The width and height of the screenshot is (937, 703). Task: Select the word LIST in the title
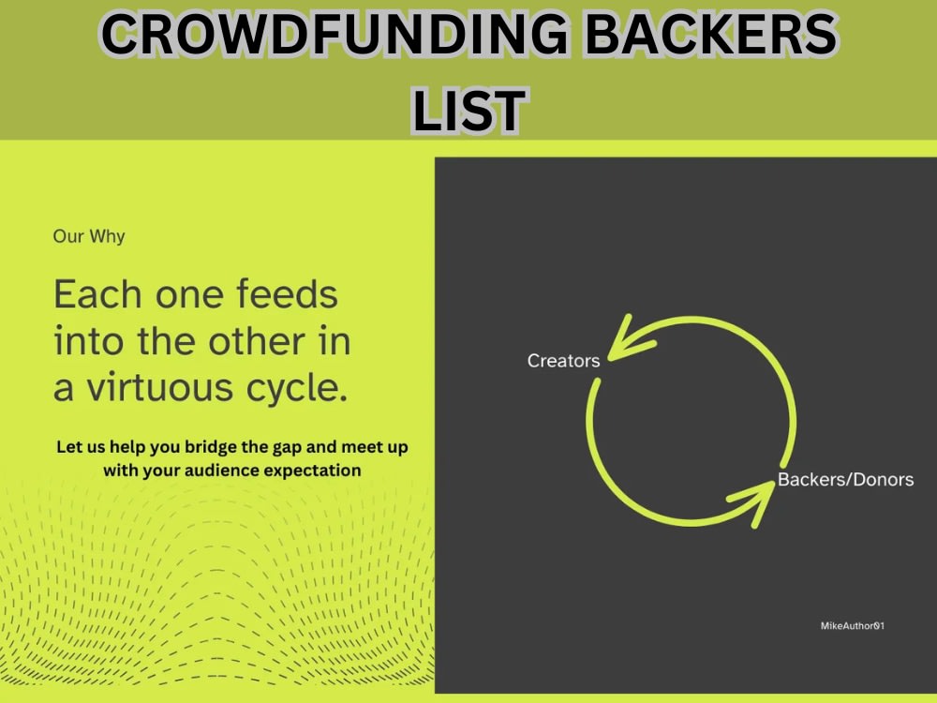pyautogui.click(x=468, y=111)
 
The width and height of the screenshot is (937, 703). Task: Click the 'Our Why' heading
pyautogui.click(x=89, y=236)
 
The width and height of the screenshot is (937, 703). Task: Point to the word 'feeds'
pyautogui.click(x=286, y=294)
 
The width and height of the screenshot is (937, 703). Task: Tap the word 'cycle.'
pyautogui.click(x=301, y=387)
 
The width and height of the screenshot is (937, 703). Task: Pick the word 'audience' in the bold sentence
pyautogui.click(x=230, y=471)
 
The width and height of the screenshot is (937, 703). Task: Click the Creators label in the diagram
pyautogui.click(x=563, y=361)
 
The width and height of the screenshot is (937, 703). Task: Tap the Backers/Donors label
pyautogui.click(x=845, y=480)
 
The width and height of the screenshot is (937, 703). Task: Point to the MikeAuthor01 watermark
pyautogui.click(x=852, y=625)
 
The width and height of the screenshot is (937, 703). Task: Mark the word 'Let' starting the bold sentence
pyautogui.click(x=70, y=447)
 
